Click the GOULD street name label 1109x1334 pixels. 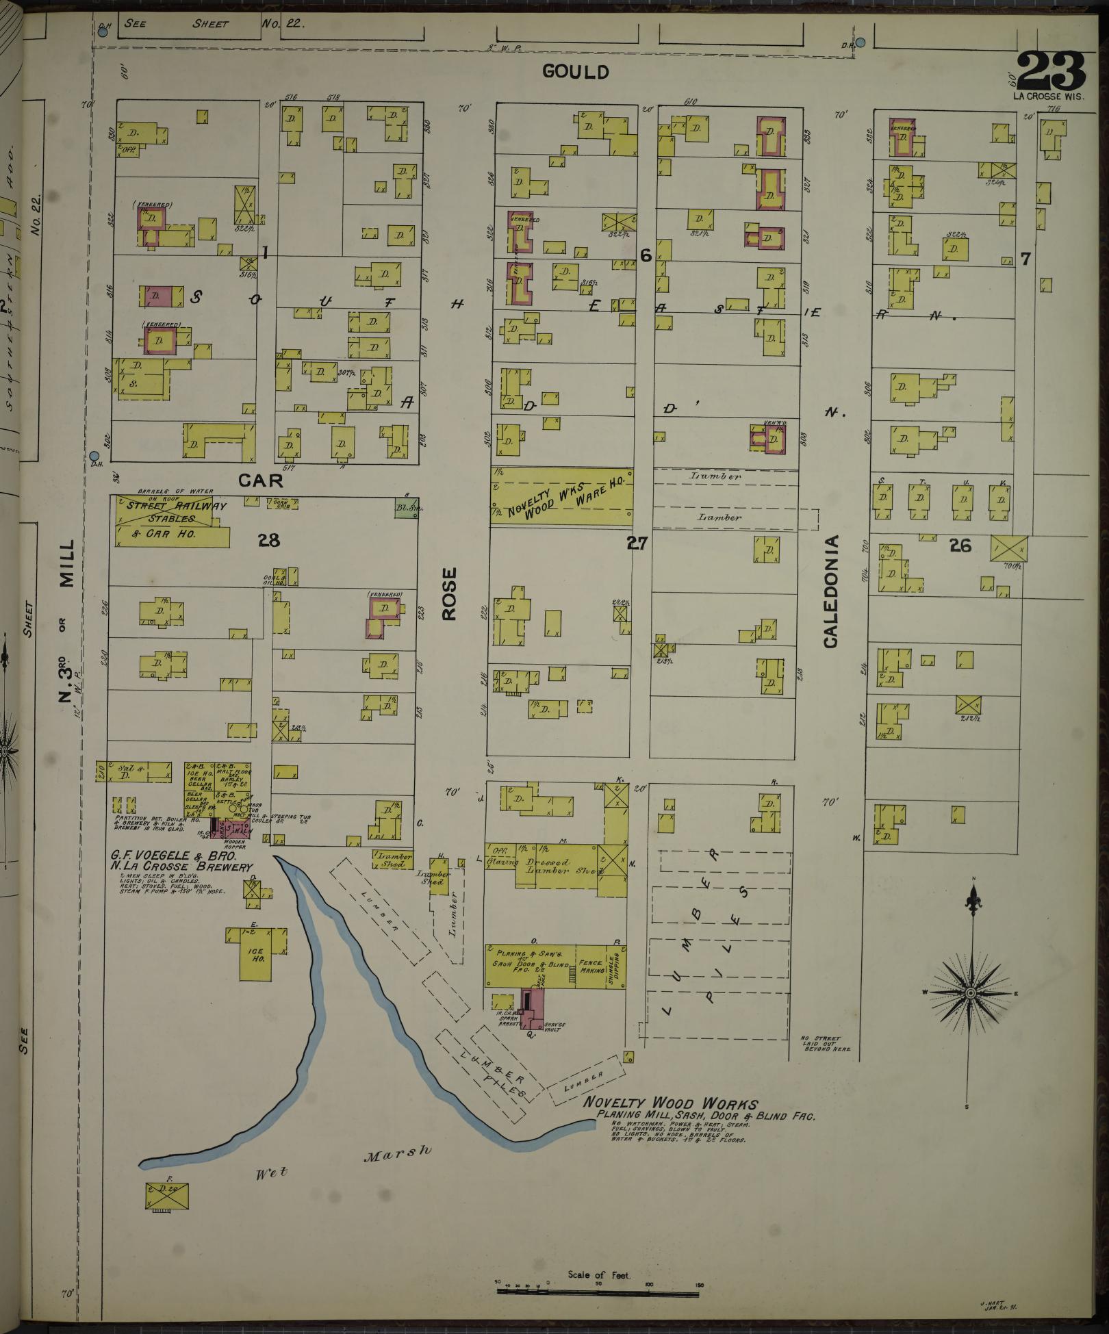point(575,71)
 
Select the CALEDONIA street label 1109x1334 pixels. point(831,592)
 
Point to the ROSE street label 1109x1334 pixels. point(448,594)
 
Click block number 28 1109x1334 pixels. point(269,541)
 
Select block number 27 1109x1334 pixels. point(637,543)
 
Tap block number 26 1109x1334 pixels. point(960,545)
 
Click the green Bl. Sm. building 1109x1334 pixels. point(407,509)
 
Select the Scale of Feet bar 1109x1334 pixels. point(598,1291)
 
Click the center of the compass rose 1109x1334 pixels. point(971,992)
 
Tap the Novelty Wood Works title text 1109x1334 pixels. point(670,1103)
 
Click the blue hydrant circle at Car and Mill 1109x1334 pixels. point(94,456)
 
